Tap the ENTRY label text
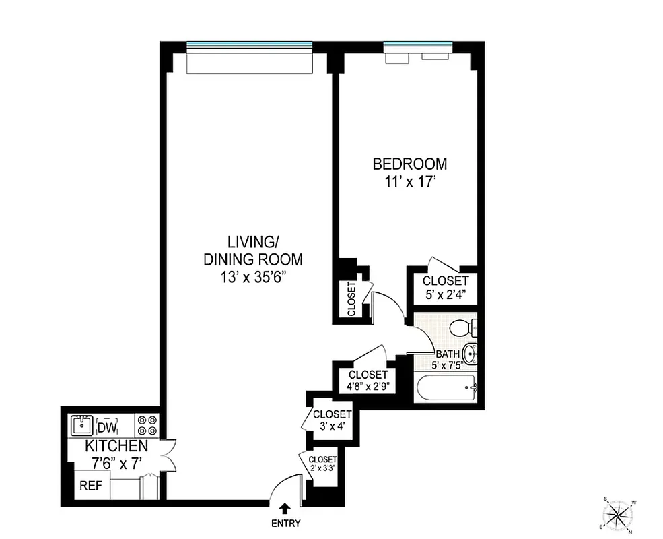(x=286, y=524)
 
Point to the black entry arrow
(x=286, y=509)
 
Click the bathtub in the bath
(x=445, y=388)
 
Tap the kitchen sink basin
(x=82, y=426)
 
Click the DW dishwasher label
(x=108, y=427)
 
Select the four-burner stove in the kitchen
(x=147, y=426)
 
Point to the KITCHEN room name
(x=116, y=446)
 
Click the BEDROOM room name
(x=410, y=164)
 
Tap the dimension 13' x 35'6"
(x=254, y=276)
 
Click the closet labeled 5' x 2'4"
(x=445, y=287)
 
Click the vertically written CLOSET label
(x=351, y=298)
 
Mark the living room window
(x=250, y=46)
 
